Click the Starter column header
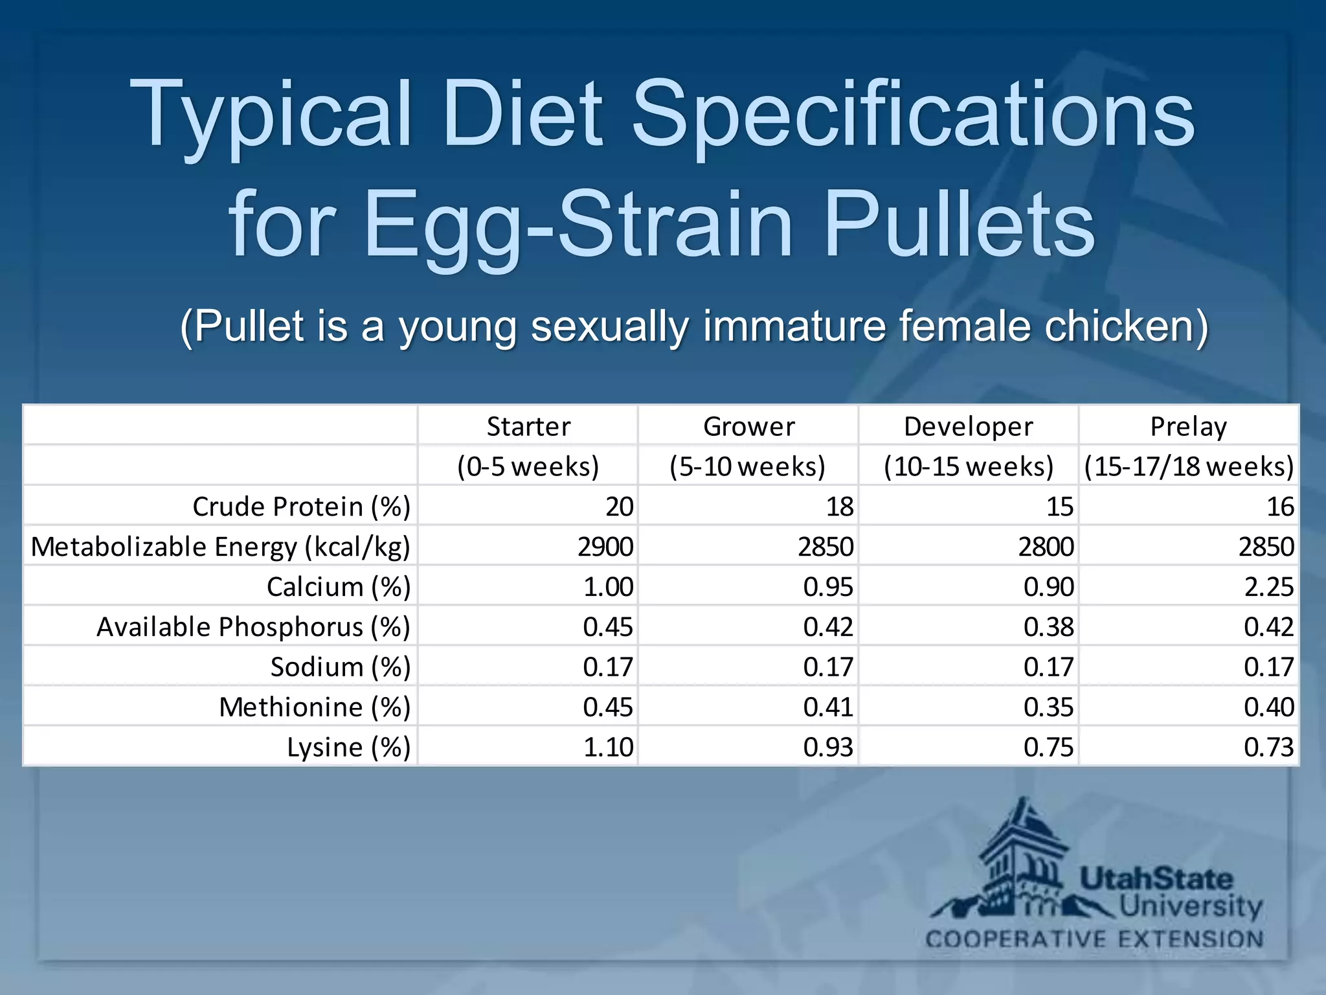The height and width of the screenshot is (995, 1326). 528,426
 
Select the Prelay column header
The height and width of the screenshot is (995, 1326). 1188,426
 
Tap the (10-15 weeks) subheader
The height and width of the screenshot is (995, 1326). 969,466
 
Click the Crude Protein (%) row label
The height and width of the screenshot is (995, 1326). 301,507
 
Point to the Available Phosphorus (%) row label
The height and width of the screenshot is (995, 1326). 253,627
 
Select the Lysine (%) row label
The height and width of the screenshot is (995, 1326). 348,747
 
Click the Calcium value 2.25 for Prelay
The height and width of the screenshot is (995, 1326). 1268,587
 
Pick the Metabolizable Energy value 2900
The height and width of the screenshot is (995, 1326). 605,547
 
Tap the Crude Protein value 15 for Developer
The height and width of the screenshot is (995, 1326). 1060,507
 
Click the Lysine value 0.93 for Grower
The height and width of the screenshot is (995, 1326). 828,747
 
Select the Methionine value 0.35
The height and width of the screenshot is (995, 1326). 1048,707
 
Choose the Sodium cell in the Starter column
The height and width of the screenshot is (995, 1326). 607,667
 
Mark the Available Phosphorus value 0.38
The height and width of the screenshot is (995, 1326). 1048,627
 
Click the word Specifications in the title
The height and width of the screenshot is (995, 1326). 912,115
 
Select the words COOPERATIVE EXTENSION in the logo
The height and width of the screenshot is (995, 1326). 1094,939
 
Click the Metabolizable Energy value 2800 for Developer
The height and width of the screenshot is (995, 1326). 1046,547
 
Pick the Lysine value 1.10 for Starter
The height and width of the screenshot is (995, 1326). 607,747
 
